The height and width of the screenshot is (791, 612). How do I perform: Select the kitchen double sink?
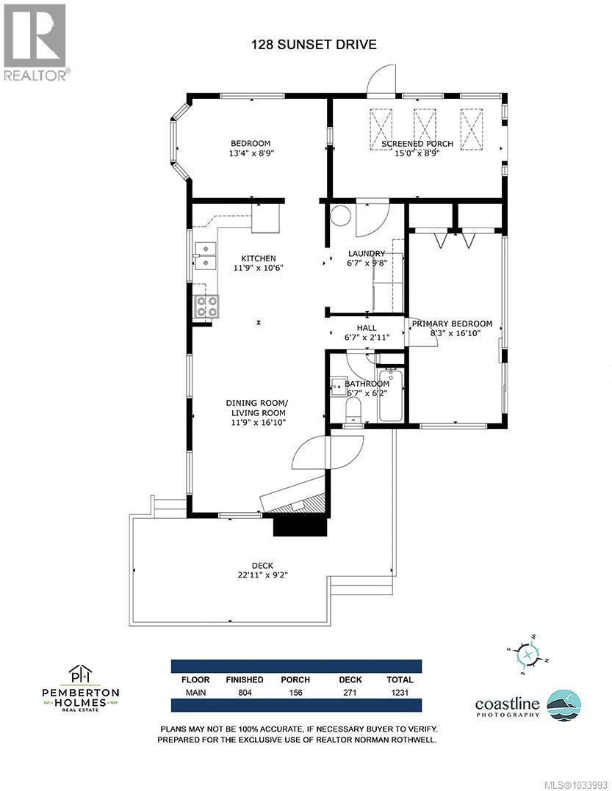(205, 257)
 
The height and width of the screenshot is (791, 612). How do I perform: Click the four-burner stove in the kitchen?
(206, 306)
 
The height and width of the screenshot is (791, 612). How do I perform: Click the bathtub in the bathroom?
(389, 396)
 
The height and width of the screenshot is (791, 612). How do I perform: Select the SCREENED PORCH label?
(417, 143)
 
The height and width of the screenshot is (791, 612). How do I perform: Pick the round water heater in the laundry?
(339, 216)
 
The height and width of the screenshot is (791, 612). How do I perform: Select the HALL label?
(367, 328)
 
